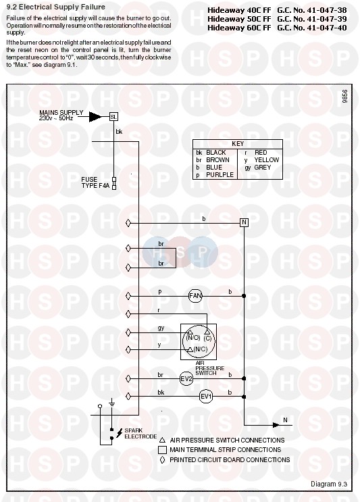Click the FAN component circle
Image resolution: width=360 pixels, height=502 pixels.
(x=195, y=296)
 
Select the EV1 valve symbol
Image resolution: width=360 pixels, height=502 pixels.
(x=206, y=397)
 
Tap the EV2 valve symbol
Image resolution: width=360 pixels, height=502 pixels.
(x=186, y=379)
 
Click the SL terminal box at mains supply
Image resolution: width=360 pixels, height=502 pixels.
(x=113, y=117)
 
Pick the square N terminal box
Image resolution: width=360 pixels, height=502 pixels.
(x=244, y=222)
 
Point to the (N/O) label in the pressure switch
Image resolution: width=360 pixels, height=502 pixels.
(x=193, y=338)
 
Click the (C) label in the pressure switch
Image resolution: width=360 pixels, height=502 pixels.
(x=207, y=338)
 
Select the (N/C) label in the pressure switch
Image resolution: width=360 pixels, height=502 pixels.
(x=201, y=349)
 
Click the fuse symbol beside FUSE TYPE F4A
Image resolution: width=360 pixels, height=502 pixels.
(x=114, y=182)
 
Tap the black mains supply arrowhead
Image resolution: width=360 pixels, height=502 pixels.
(x=95, y=117)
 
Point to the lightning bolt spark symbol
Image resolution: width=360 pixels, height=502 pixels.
(x=119, y=433)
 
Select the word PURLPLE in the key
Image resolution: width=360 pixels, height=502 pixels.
(x=220, y=175)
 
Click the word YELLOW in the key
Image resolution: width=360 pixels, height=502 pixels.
(x=267, y=159)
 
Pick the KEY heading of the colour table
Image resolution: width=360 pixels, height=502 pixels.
(x=238, y=144)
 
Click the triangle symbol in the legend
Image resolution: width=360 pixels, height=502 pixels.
(x=162, y=441)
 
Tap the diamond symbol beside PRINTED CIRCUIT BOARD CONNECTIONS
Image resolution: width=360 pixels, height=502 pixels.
(x=162, y=459)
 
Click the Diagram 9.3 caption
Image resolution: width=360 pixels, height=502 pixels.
(x=329, y=484)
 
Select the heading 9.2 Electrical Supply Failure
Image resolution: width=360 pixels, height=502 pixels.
(x=55, y=7)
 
